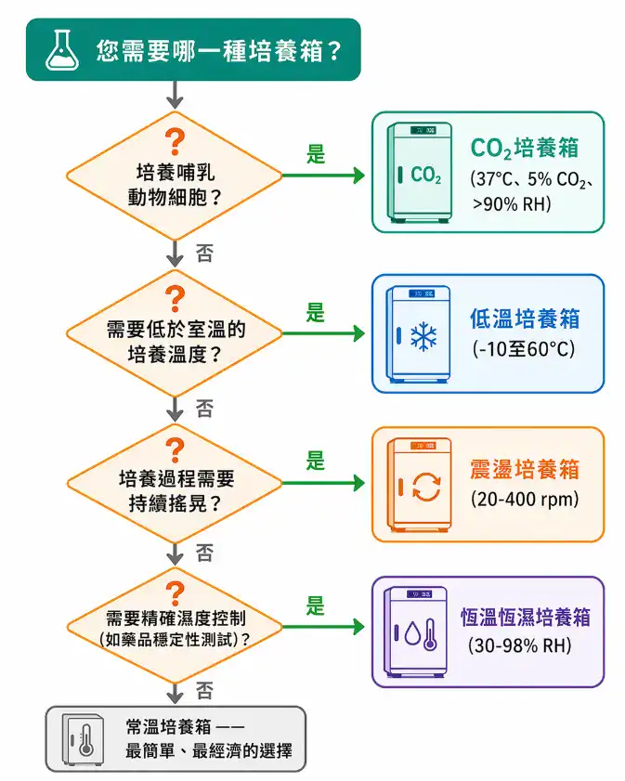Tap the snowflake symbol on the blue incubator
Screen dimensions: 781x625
click(424, 337)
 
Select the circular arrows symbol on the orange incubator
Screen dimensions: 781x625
click(426, 487)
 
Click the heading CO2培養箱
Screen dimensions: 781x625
click(526, 149)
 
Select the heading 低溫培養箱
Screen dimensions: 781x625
click(525, 319)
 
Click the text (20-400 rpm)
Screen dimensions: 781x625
click(525, 500)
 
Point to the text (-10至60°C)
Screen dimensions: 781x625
click(524, 350)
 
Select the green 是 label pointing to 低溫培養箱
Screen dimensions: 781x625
click(317, 313)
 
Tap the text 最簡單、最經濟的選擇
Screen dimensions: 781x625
click(209, 750)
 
